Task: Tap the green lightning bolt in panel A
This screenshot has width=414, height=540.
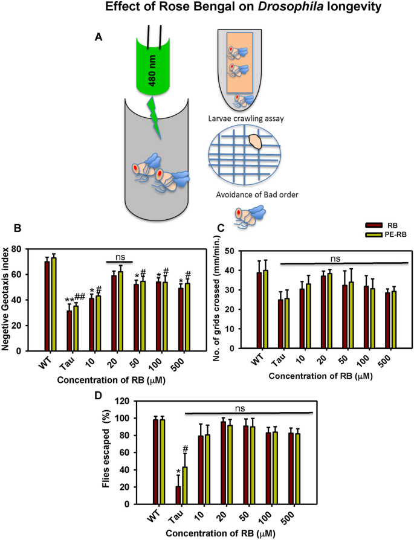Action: coord(156,117)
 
